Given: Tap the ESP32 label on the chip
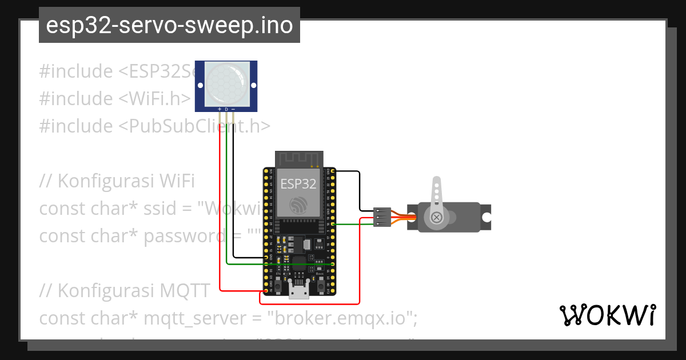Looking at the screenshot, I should pos(298,184).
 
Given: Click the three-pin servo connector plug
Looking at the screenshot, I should pos(382,217).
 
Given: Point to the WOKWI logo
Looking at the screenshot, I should pos(607,315).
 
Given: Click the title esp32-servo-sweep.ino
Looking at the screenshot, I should pos(169,25).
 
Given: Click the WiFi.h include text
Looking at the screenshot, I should pos(154,99).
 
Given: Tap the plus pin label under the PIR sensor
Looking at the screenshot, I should pos(220,109).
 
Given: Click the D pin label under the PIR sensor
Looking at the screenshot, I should pos(226,109).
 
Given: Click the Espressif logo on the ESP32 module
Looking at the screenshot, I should pos(298,205).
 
